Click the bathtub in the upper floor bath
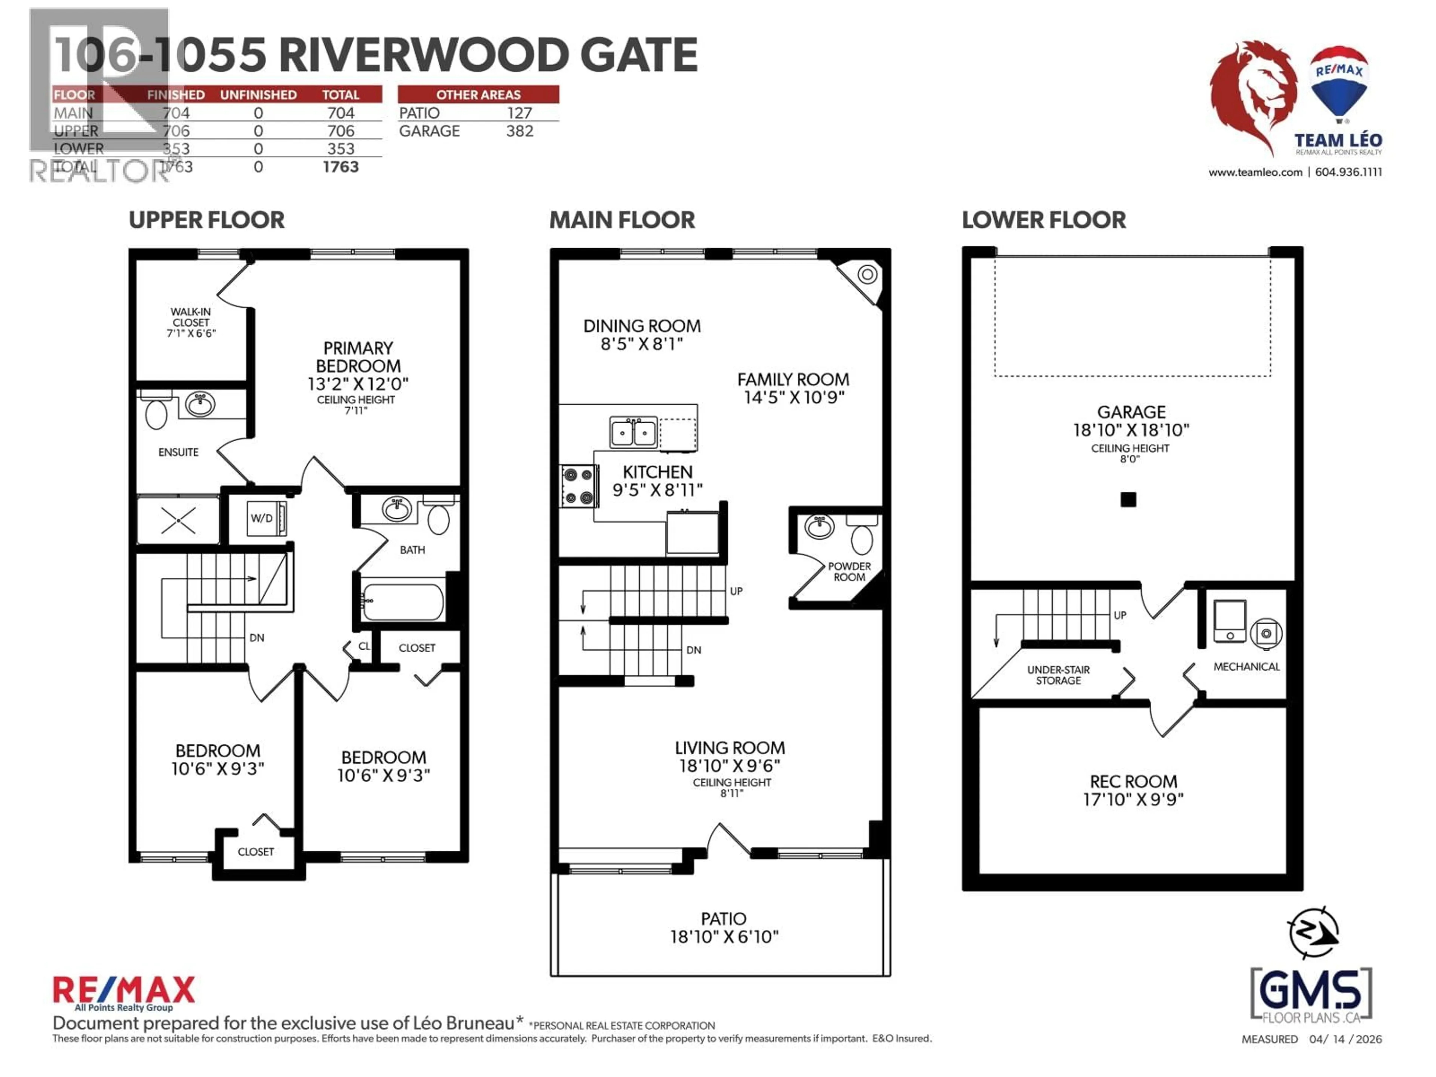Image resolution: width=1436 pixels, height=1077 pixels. click(402, 602)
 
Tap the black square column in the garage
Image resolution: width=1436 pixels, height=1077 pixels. click(1128, 499)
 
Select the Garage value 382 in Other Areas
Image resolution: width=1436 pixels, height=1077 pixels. click(519, 131)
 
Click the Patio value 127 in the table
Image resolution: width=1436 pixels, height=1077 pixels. click(519, 113)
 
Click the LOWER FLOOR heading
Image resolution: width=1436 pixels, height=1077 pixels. click(1043, 220)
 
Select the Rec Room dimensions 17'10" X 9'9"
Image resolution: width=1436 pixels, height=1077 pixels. click(1133, 799)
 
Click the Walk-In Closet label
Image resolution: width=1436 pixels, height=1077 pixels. click(191, 322)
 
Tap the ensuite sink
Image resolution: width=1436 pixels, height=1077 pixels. click(200, 404)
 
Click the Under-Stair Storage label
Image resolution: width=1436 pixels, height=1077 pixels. click(1058, 675)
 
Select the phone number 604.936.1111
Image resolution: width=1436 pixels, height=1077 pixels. click(1348, 172)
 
